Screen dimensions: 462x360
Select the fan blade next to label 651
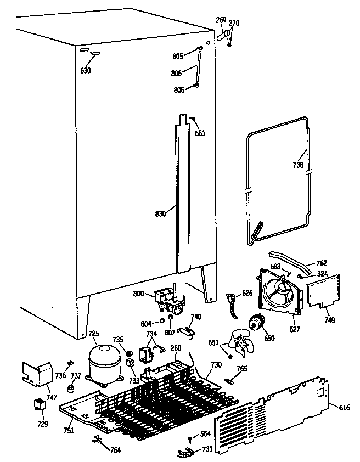tap(240, 344)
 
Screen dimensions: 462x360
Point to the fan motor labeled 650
tap(255, 322)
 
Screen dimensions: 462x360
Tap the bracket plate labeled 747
tap(35, 373)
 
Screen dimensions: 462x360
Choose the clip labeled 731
tap(187, 452)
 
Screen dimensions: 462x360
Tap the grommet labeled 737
tap(70, 390)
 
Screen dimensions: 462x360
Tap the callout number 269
tap(221, 20)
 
